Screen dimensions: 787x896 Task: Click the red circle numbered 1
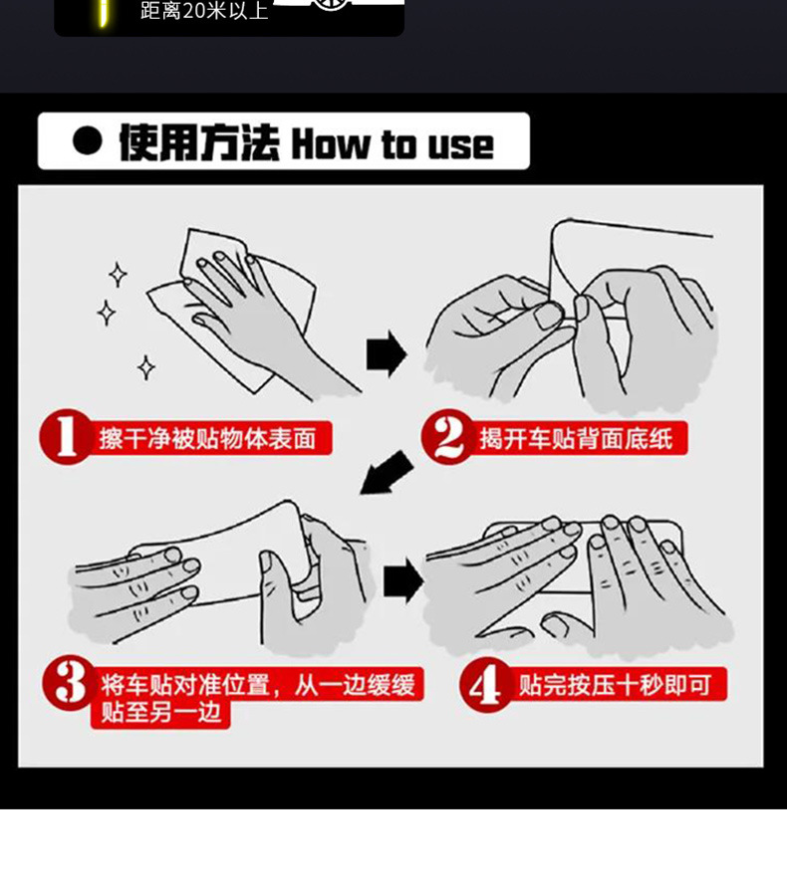[66, 437]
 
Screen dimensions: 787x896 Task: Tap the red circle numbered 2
[448, 437]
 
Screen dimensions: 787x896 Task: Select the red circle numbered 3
[69, 683]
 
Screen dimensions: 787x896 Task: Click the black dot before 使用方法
[88, 140]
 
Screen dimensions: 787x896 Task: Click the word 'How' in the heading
[330, 144]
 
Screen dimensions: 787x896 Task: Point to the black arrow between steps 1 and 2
[387, 353]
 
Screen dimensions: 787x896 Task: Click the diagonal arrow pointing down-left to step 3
[387, 473]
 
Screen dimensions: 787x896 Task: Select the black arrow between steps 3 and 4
[403, 580]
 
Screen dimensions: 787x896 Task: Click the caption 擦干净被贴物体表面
[207, 438]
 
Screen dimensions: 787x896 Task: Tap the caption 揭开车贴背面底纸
[576, 438]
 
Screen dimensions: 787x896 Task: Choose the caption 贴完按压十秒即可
[615, 685]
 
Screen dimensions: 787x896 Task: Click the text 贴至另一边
[160, 712]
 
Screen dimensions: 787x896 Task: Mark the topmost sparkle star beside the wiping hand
[118, 275]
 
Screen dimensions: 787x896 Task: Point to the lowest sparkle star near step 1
[146, 367]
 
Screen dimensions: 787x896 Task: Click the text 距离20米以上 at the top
[204, 10]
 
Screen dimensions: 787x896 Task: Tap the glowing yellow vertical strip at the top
[103, 13]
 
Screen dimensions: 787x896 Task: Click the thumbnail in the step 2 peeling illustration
[548, 316]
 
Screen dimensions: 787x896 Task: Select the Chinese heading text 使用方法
[199, 142]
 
